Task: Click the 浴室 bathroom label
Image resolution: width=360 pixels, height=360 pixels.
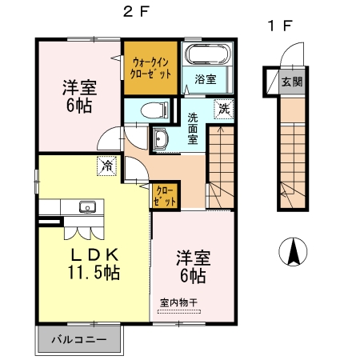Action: [x=206, y=78]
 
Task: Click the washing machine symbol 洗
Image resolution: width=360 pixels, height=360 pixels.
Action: [x=224, y=107]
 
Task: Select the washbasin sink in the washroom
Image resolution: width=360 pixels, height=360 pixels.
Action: [x=160, y=140]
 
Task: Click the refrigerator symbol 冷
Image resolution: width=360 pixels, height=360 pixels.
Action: [x=106, y=166]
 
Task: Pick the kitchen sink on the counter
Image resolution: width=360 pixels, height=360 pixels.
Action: [x=86, y=208]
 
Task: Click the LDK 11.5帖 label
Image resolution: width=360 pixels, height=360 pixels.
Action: [x=94, y=263]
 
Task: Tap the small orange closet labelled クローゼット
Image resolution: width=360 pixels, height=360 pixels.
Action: [x=165, y=194]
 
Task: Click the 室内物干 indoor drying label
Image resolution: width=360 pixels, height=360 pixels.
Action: [x=178, y=302]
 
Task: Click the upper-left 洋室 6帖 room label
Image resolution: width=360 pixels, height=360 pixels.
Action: [x=77, y=96]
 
